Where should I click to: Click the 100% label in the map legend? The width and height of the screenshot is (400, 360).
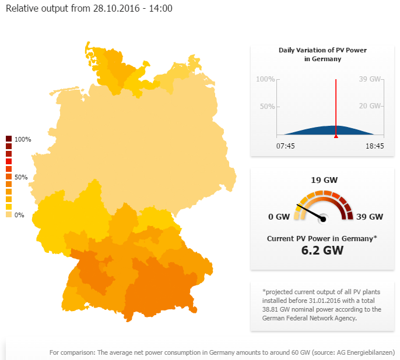point(23,139)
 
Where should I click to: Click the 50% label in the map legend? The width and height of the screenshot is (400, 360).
point(21,177)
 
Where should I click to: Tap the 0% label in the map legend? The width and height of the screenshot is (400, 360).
point(19,215)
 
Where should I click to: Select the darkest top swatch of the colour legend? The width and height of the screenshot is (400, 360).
point(9,139)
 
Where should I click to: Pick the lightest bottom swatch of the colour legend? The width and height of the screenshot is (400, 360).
point(9,214)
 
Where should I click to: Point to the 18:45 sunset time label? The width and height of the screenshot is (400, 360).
point(374,146)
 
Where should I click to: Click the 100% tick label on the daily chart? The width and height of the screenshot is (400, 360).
point(265,79)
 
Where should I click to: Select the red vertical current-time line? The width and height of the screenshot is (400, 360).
point(336,105)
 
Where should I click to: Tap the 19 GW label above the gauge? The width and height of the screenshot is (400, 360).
point(324,180)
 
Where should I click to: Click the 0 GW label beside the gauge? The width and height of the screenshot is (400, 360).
point(279,217)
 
